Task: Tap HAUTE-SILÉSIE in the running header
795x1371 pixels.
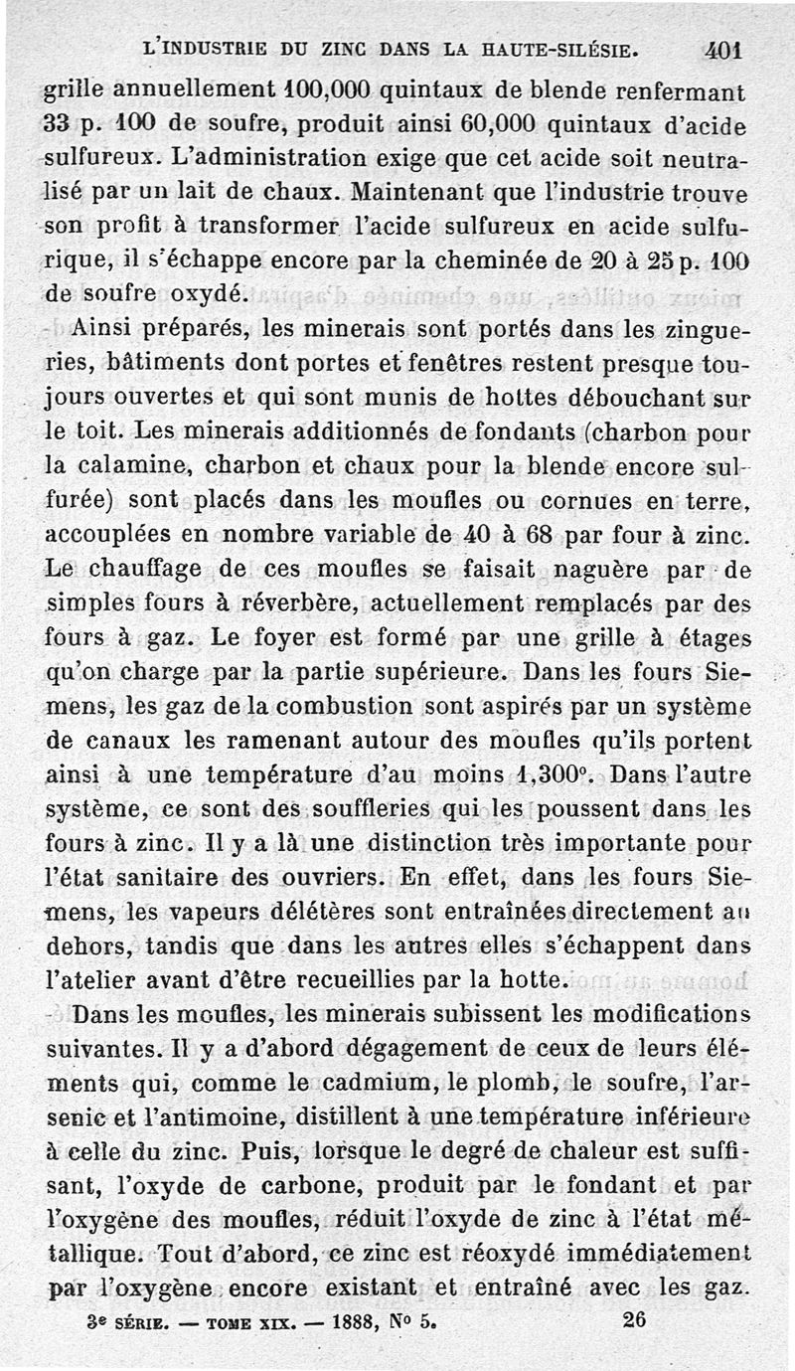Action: [x=547, y=49]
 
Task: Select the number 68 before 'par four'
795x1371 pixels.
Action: [x=540, y=534]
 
